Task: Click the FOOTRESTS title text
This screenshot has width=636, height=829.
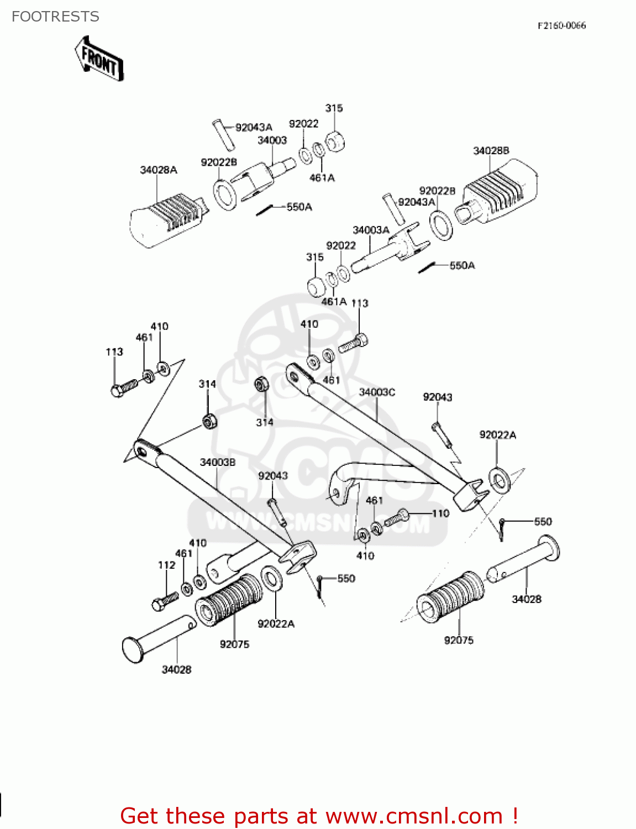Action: tap(55, 17)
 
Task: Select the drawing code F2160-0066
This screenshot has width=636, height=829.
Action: tap(561, 25)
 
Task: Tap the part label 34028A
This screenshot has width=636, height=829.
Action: tap(159, 170)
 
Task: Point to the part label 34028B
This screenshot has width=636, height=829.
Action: tap(491, 151)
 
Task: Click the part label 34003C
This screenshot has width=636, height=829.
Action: tap(377, 392)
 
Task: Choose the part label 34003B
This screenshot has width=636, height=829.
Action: tap(217, 462)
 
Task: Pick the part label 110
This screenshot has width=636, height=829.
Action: tap(440, 513)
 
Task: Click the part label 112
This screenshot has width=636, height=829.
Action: tap(166, 565)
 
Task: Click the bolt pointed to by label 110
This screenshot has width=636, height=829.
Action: tap(396, 518)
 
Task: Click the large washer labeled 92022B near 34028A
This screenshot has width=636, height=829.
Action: tap(225, 195)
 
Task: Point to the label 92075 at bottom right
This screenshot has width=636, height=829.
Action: tap(459, 640)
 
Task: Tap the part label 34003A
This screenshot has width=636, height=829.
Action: tap(371, 230)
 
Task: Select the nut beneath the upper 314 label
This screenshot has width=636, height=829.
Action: tap(209, 422)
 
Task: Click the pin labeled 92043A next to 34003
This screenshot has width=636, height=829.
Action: tap(223, 134)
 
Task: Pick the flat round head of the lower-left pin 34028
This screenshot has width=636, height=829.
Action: tap(133, 650)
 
